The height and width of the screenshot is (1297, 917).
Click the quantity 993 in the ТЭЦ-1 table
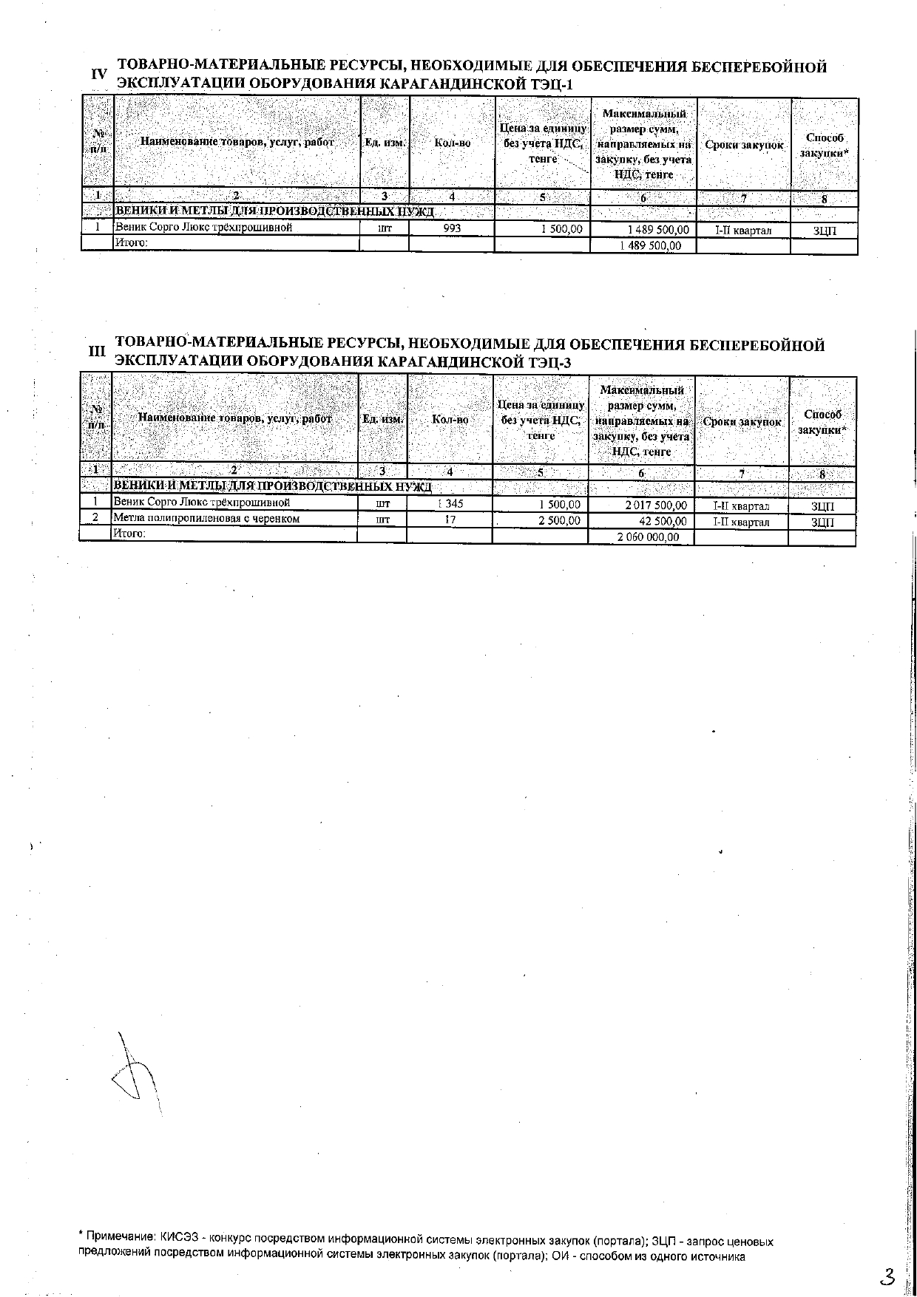(451, 229)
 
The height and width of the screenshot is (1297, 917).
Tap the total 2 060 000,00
(648, 537)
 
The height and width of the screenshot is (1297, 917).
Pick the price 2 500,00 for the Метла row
(559, 521)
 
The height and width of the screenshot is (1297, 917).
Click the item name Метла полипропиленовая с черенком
(206, 519)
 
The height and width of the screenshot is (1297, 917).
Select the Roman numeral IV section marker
(99, 75)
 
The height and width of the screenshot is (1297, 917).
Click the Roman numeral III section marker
(97, 352)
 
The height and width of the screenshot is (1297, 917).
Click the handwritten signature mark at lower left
(135, 1072)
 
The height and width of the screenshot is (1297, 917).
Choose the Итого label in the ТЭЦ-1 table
(131, 242)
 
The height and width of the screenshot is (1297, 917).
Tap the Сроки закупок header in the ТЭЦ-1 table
(743, 145)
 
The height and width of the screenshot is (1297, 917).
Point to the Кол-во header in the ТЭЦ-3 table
(450, 420)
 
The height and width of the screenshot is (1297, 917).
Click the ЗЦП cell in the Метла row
(822, 522)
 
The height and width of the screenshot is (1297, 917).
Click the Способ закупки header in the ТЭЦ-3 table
(822, 422)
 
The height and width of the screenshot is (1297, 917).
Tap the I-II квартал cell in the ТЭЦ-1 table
(742, 231)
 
